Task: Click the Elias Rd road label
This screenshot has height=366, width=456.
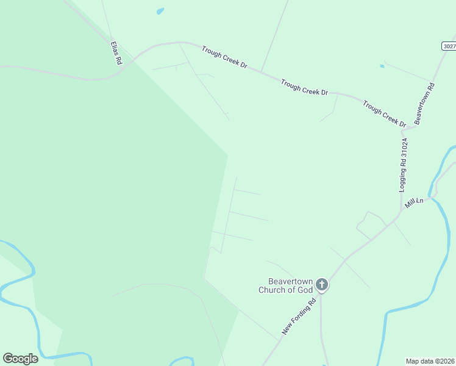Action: pos(116,53)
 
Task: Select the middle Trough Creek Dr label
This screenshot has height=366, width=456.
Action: pos(305,87)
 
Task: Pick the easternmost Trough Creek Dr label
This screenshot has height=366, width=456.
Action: pos(384,114)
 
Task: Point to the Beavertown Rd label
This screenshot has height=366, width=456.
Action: pos(424,104)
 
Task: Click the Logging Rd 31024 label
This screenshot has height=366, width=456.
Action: pos(403,165)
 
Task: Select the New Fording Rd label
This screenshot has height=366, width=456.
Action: pos(299,316)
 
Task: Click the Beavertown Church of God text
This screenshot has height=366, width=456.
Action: pos(290,285)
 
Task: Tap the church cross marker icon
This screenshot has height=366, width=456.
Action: pos(322,284)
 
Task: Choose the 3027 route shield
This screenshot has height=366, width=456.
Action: pos(449,46)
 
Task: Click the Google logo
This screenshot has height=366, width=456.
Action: pos(20,358)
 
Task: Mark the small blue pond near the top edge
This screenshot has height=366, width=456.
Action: pos(160,11)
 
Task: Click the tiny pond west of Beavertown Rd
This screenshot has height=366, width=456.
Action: pos(382,66)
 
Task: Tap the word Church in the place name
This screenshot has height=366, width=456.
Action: pos(281,290)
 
